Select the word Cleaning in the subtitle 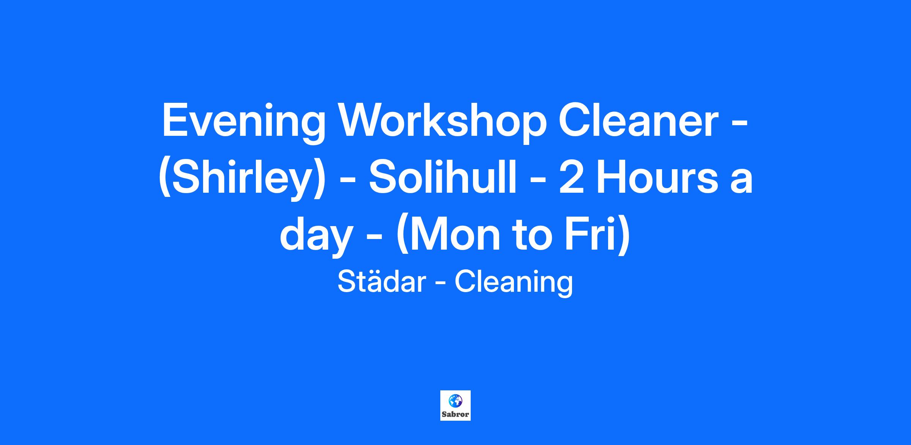click(x=514, y=283)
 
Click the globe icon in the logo click(x=455, y=401)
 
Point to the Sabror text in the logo click(x=455, y=414)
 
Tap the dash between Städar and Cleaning click(x=440, y=284)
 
